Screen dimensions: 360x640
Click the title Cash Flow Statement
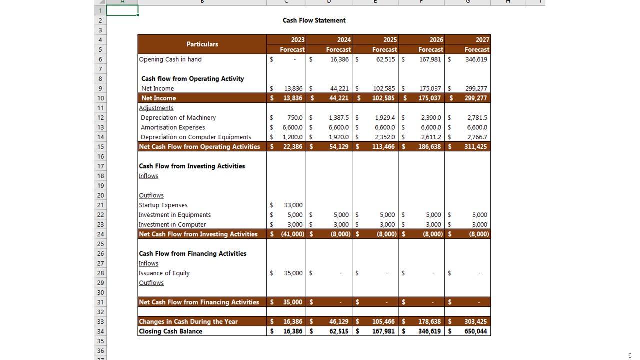click(314, 20)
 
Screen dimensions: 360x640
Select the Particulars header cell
click(202, 44)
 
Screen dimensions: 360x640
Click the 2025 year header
click(390, 40)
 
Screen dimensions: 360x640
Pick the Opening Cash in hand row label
click(170, 59)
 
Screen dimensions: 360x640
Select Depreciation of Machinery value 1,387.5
click(338, 118)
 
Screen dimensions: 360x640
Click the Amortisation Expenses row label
click(173, 127)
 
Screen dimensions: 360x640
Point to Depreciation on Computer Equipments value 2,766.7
click(477, 137)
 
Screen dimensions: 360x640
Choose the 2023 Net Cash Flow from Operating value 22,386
click(292, 147)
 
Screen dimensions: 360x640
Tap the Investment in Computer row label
click(172, 225)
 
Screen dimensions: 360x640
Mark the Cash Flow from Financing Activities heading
click(192, 254)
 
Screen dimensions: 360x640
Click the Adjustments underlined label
click(156, 108)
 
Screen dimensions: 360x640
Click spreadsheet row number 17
click(100, 166)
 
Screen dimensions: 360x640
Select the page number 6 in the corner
click(630, 356)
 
